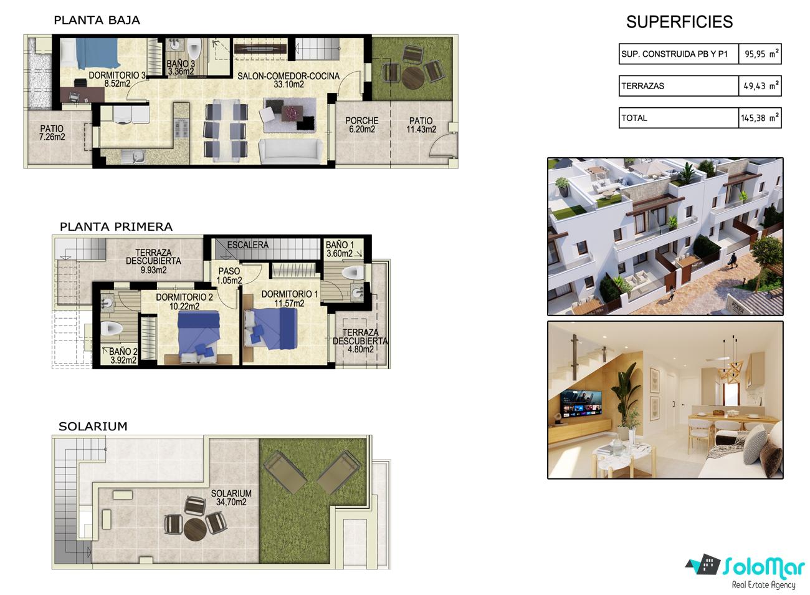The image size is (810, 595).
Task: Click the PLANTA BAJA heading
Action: pyautogui.click(x=97, y=20)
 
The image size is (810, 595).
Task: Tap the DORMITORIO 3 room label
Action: pyautogui.click(x=117, y=75)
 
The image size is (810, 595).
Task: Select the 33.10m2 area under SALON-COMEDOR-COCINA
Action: pyautogui.click(x=288, y=84)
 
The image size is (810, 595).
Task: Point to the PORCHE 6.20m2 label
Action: pyautogui.click(x=361, y=125)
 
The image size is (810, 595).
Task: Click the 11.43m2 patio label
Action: pyautogui.click(x=421, y=129)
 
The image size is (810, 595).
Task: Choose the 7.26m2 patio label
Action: pyautogui.click(x=52, y=137)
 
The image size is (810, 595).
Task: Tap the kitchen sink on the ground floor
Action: pyautogui.click(x=133, y=157)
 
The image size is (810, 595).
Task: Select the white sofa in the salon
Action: pyautogui.click(x=291, y=152)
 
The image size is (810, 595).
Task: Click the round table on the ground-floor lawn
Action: pyautogui.click(x=412, y=77)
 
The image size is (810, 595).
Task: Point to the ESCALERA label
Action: pyautogui.click(x=248, y=245)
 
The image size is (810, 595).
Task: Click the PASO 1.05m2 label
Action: pyautogui.click(x=229, y=276)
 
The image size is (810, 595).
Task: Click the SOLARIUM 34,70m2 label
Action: pyautogui.click(x=231, y=498)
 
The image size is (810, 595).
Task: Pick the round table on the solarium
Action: pyautogui.click(x=195, y=529)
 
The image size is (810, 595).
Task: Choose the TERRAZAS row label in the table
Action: pyautogui.click(x=643, y=86)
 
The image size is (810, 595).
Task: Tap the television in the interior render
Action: pyautogui.click(x=581, y=403)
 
